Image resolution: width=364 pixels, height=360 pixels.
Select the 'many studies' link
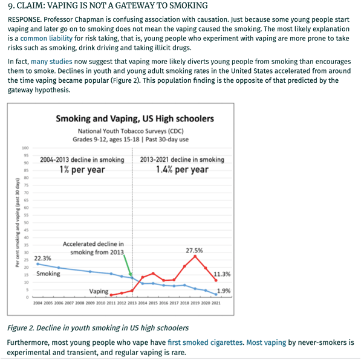[51, 62]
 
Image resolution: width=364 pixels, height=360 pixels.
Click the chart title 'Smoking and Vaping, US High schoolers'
[135, 119]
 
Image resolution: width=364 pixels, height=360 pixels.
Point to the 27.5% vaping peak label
[194, 250]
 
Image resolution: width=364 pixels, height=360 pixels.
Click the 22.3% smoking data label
[42, 258]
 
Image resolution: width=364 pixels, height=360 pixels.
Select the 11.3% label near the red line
[222, 274]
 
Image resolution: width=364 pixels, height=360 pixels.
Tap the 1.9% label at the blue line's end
[224, 291]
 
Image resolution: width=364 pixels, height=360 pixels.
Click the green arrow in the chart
[128, 265]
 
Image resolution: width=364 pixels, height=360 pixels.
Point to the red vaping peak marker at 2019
[195, 256]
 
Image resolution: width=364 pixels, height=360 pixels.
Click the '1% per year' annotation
[82, 170]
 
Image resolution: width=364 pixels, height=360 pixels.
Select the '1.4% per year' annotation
[182, 170]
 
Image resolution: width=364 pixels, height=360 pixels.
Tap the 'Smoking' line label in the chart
[48, 274]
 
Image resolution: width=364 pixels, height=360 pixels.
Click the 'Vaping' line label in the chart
[99, 292]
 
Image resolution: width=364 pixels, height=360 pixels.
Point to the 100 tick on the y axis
[25, 148]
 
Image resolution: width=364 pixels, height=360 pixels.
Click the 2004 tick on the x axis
[37, 303]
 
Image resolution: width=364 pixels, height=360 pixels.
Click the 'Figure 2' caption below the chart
[97, 328]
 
